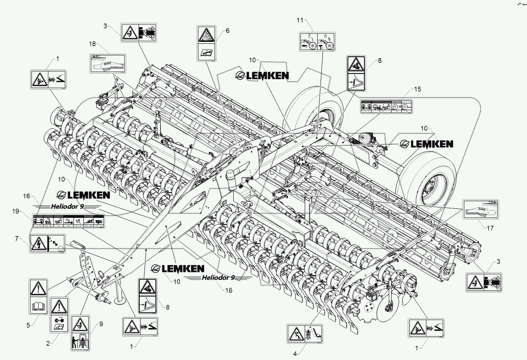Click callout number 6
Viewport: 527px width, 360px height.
227,31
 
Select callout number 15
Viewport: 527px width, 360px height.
417,89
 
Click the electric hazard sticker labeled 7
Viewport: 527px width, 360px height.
47,244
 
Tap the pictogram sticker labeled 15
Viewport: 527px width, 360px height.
386,107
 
